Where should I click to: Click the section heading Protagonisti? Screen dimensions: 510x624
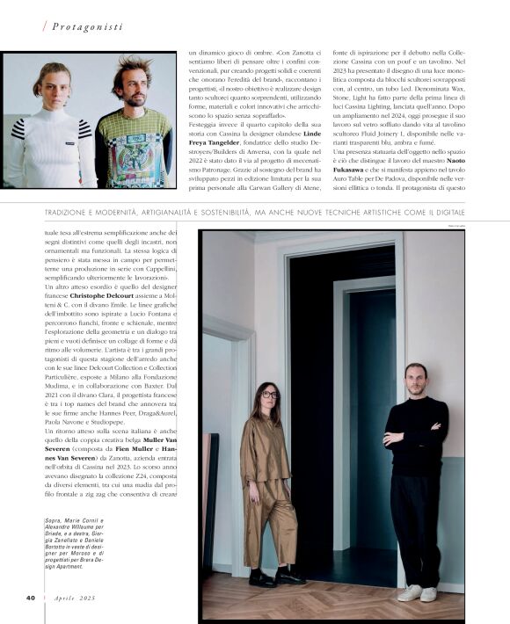coord(87,26)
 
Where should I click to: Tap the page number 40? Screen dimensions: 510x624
coord(30,597)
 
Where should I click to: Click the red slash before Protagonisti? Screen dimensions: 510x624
coord(44,26)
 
